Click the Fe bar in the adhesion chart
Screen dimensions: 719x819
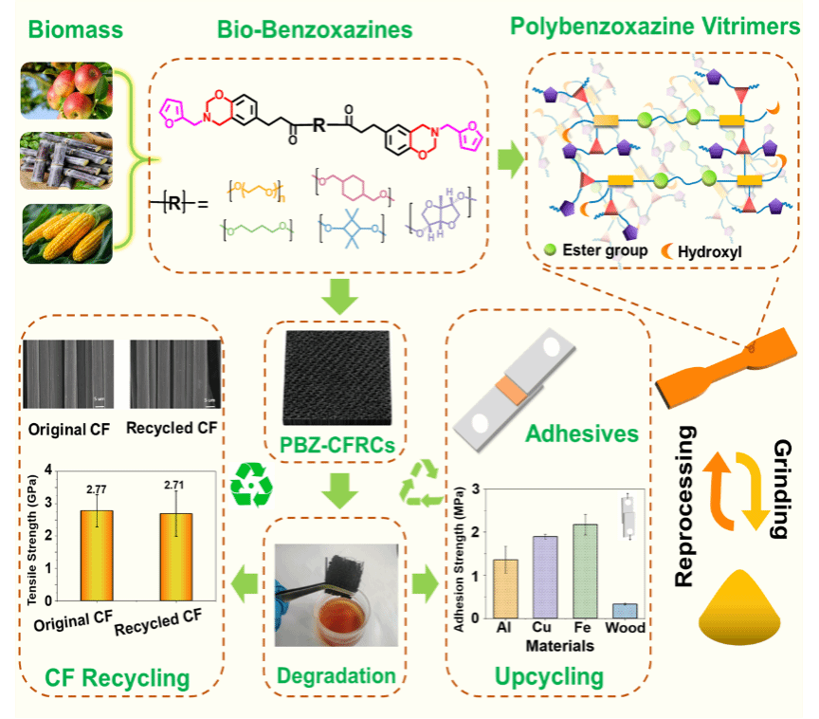585,570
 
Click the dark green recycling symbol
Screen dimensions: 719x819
251,485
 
